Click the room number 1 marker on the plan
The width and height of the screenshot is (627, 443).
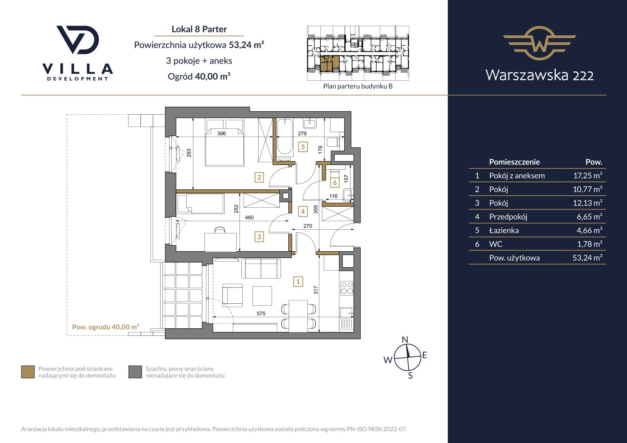click(x=298, y=281)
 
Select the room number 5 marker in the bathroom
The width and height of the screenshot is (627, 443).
click(x=303, y=147)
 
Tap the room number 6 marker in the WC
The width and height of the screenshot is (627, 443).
click(x=335, y=183)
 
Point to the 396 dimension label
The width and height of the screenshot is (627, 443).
click(x=221, y=133)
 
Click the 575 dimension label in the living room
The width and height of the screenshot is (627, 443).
click(x=261, y=313)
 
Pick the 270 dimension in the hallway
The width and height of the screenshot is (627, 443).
click(x=308, y=226)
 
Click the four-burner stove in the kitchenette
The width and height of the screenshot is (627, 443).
click(x=347, y=289)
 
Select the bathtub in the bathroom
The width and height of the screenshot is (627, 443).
click(x=285, y=137)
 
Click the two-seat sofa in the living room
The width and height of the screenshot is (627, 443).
click(x=261, y=268)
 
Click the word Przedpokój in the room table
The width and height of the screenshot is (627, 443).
click(x=508, y=217)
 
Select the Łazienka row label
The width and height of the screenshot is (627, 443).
click(x=504, y=230)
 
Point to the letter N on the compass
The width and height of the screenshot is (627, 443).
click(x=405, y=340)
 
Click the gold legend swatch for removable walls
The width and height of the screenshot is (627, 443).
click(x=28, y=372)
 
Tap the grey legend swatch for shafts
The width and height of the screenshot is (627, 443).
click(x=135, y=372)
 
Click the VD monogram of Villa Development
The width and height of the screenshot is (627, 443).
click(x=77, y=40)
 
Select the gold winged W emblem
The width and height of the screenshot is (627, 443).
click(x=539, y=43)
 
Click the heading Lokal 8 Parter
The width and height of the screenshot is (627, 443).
click(x=199, y=29)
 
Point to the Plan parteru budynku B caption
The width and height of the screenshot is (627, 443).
click(x=358, y=86)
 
